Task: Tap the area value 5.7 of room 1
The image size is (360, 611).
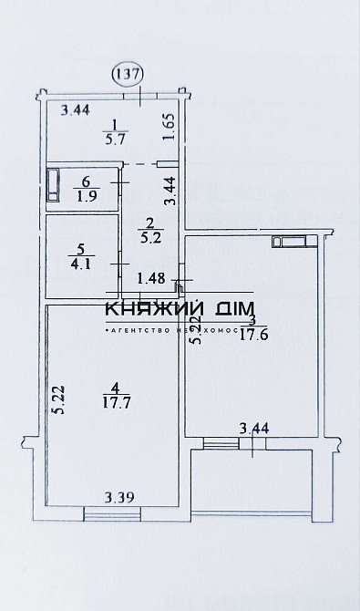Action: (116, 140)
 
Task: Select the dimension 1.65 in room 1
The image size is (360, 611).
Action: (169, 125)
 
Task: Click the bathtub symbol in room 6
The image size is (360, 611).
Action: (54, 185)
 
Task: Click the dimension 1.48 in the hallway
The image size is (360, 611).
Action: (150, 278)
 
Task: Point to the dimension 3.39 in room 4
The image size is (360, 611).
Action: (118, 497)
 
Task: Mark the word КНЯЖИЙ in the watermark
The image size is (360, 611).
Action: (154, 310)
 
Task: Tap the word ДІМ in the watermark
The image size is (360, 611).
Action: (234, 310)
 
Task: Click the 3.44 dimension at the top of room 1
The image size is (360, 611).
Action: (75, 111)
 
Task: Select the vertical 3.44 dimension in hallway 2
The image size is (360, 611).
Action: (169, 192)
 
